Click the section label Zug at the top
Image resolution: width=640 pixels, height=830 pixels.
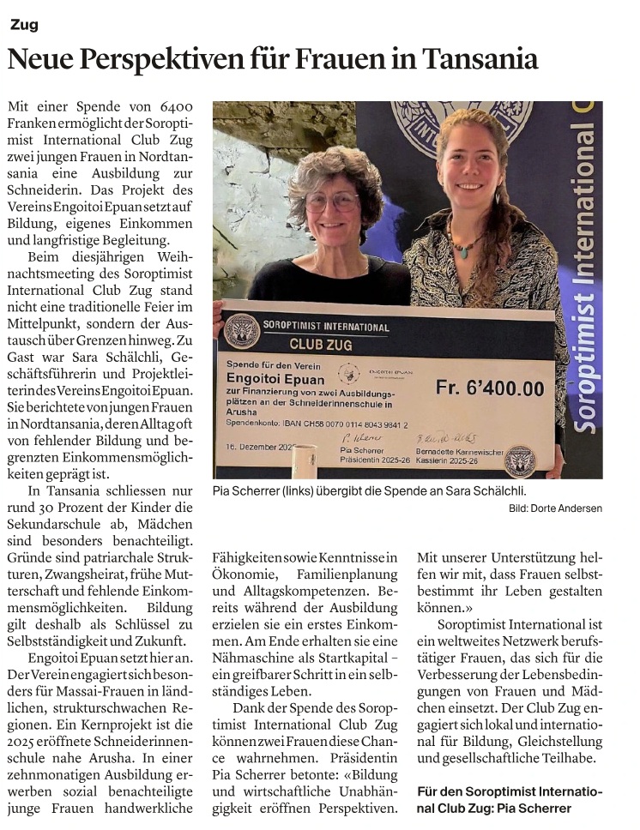click(x=24, y=25)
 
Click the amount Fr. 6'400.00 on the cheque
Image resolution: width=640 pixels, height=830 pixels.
click(x=489, y=388)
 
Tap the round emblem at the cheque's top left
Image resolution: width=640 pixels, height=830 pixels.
click(x=241, y=331)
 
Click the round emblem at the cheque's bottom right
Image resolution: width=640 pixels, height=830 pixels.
click(x=520, y=459)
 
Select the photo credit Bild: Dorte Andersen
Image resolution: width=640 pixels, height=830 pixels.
click(x=555, y=508)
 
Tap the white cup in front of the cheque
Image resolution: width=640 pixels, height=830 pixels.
click(x=304, y=462)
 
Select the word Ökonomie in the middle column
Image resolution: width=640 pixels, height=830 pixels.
click(x=242, y=573)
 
